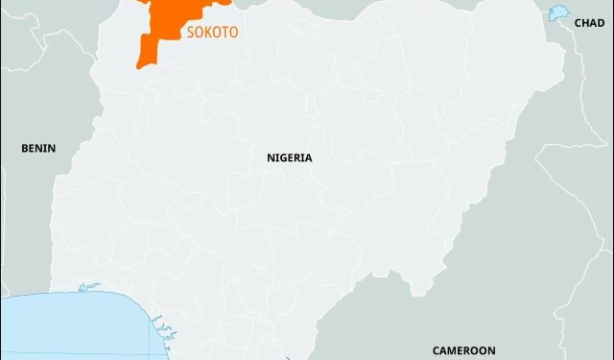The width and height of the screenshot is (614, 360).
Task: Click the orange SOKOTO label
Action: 211,32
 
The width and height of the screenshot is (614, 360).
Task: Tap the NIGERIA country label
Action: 289,156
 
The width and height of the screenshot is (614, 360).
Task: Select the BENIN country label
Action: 38,148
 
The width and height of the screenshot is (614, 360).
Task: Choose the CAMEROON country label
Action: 463,350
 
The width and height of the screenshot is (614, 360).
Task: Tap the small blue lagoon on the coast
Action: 89,286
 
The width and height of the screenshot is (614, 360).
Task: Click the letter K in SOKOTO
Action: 205,32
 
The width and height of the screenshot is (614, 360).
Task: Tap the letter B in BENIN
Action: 25,148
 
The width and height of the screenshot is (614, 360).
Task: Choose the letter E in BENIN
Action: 33,148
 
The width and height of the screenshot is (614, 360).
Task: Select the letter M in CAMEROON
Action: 455,350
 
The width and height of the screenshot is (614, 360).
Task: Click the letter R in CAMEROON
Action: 471,350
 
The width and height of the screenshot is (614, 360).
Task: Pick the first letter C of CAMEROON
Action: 436,350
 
